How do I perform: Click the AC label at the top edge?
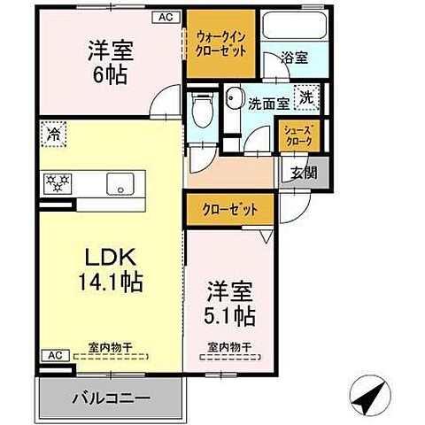pyautogui.click(x=166, y=17)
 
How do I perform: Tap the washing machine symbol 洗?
pyautogui.click(x=305, y=97)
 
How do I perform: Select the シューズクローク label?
pyautogui.click(x=296, y=135)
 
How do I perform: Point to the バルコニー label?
pyautogui.click(x=112, y=398)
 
